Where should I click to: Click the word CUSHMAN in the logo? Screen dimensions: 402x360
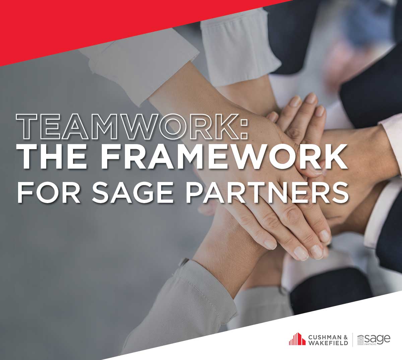pyautogui.click(x=325, y=337)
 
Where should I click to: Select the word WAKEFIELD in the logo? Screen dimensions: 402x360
pyautogui.click(x=328, y=343)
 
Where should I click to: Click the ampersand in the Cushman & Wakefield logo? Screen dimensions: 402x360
pyautogui.click(x=345, y=337)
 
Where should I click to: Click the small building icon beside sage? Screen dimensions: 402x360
pyautogui.click(x=360, y=340)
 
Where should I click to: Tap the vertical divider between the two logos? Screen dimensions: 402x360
pyautogui.click(x=353, y=340)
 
